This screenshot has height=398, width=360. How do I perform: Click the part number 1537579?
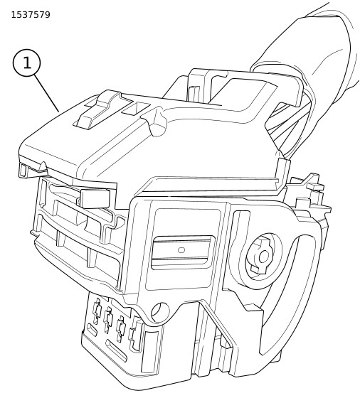[x=31, y=15]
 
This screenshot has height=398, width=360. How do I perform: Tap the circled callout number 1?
[x=26, y=63]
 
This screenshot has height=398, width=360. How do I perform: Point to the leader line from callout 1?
[x=46, y=93]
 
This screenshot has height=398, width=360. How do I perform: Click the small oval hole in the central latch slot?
[x=181, y=250]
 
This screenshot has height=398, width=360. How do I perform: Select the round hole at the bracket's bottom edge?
[x=160, y=312]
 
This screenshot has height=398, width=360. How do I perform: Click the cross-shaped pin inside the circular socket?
[x=263, y=257]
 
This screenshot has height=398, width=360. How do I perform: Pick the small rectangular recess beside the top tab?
[x=135, y=109]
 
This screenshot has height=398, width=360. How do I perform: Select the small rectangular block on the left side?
[x=95, y=198]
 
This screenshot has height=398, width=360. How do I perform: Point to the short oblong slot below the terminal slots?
[x=92, y=330]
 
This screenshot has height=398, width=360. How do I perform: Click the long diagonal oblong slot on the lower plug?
[x=116, y=351]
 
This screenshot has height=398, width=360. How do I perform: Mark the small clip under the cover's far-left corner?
[x=24, y=171]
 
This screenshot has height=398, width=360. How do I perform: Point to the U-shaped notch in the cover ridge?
[x=157, y=124]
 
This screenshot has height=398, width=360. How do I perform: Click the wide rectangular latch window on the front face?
[x=182, y=252]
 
